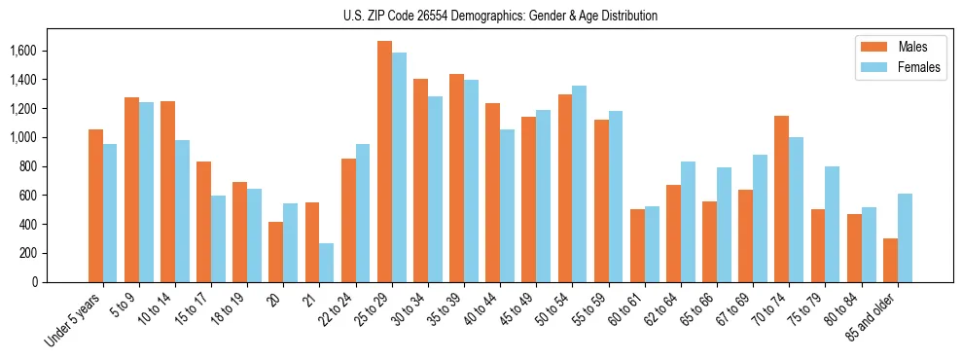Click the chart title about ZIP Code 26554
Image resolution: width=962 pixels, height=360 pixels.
pos(500,16)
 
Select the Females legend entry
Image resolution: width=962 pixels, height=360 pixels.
pos(891,68)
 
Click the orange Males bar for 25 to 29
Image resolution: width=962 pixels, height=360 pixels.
pos(384,162)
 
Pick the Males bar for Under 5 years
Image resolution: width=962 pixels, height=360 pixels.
pos(95,205)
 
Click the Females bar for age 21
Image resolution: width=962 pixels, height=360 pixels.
pos(327,263)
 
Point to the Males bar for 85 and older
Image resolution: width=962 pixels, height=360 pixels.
pos(890,260)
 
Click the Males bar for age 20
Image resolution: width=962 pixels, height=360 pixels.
pos(276,252)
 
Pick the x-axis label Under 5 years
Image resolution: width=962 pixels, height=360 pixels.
pos(73,321)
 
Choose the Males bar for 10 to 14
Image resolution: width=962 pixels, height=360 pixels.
pos(167,192)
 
